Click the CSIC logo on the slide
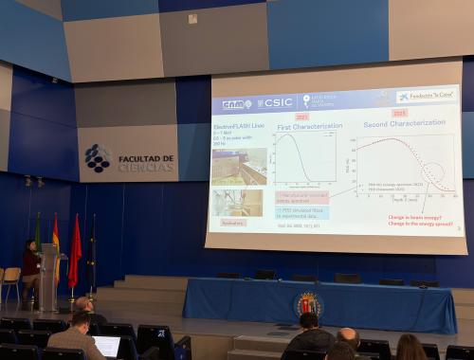click(x=275, y=102)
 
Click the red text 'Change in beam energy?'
click(x=412, y=218)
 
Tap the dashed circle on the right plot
click(x=433, y=173)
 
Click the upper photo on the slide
click(x=238, y=165)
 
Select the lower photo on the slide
click(x=237, y=202)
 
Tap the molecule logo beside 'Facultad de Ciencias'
click(x=98, y=158)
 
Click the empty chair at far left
click(x=10, y=280)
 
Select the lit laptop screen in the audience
click(x=107, y=346)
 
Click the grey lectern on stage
click(x=48, y=278)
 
